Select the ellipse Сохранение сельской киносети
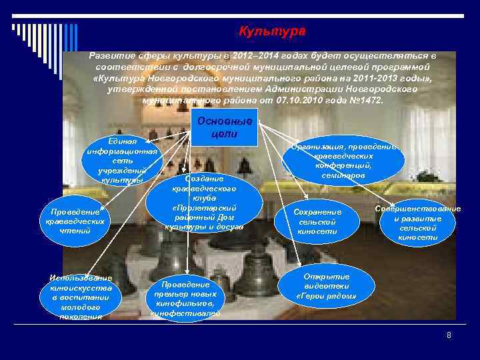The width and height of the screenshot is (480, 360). pos(317,221)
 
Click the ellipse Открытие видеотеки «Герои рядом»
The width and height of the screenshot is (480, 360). pos(326,286)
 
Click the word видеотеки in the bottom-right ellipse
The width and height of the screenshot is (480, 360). pos(326,285)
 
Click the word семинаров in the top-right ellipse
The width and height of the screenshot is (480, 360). pos(343,175)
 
